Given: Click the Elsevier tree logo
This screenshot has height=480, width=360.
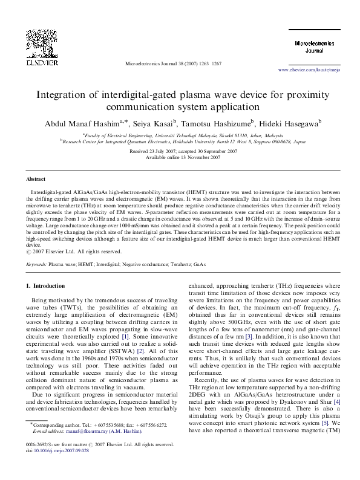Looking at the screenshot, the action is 42,41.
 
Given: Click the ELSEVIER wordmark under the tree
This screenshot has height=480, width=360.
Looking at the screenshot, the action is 42,61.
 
